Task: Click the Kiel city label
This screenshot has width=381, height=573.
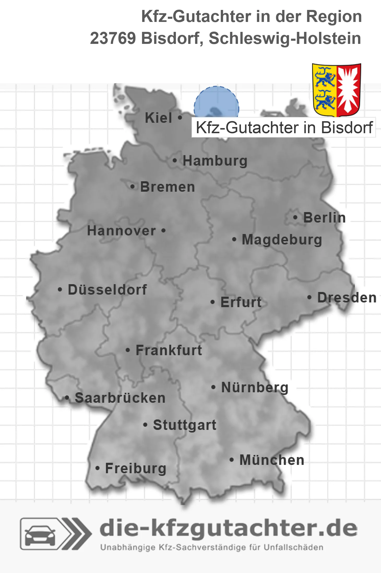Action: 158,118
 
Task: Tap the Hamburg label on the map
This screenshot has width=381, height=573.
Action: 215,161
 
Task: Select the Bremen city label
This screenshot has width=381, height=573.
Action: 167,187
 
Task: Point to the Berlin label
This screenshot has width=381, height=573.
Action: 324,218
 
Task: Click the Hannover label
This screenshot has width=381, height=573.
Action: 121,231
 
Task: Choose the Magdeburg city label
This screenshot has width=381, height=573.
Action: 282,239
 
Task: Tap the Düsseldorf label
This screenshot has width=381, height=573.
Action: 107,290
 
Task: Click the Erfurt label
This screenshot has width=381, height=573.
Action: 241,302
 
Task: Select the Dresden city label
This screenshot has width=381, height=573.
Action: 347,297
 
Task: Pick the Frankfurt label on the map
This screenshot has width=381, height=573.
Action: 169,350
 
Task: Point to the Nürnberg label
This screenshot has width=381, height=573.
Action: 255,387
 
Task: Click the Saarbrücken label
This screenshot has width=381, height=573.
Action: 120,398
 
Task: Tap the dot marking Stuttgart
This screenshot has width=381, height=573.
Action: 145,425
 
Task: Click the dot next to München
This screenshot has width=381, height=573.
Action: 231,460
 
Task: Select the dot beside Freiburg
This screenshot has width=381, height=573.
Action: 98,468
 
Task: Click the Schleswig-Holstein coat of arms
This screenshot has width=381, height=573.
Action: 336,90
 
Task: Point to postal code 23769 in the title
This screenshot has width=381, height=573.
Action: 113,38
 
